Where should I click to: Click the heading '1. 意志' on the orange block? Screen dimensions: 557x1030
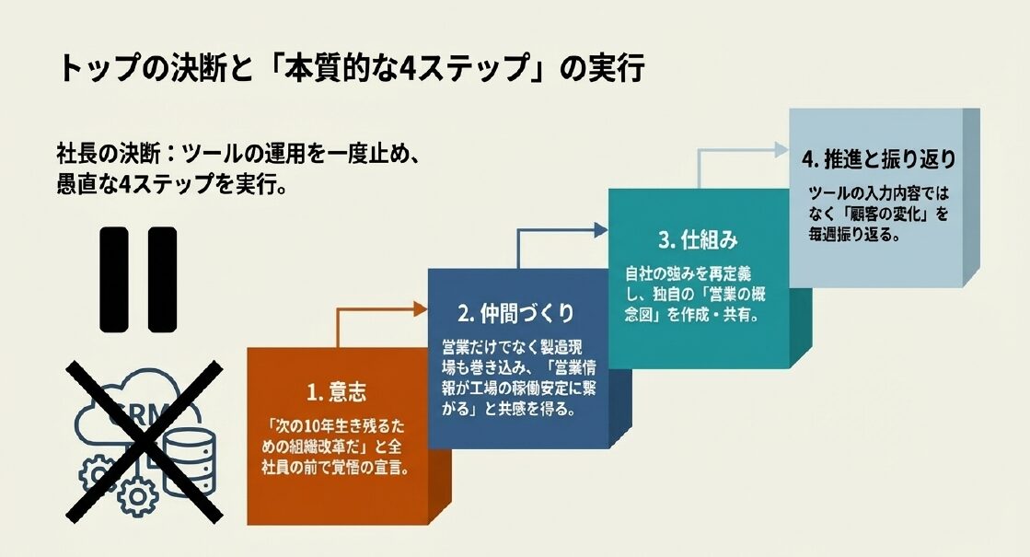[x=337, y=392]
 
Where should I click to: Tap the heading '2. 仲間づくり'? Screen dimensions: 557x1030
[x=515, y=313]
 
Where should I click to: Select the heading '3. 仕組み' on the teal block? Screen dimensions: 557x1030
[x=698, y=240]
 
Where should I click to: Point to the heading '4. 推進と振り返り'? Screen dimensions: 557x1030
[x=878, y=158]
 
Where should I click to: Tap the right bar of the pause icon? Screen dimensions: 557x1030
[x=161, y=278]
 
